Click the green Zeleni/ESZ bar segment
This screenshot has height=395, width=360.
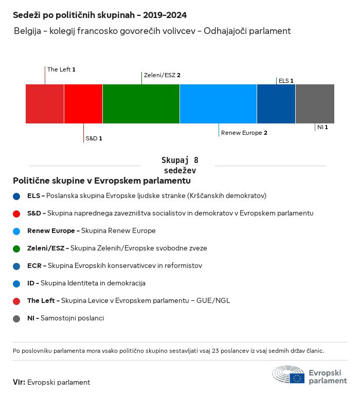coord(141,104)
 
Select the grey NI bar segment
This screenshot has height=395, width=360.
coord(315,104)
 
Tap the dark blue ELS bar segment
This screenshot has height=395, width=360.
coord(276,104)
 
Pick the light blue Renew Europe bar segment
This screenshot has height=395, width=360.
coord(218,104)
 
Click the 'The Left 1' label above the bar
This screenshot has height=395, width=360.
coord(61,69)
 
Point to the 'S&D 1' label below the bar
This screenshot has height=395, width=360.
coord(94,139)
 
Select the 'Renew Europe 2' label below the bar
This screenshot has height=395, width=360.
coord(244,133)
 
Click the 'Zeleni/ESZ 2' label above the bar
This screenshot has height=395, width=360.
coord(162,75)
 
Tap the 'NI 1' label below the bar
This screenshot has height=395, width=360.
coord(322,127)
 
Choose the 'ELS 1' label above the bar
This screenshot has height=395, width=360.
coord(286,81)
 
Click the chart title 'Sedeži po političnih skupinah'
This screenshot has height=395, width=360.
coord(100,15)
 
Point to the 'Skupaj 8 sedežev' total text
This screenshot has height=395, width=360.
coord(180,165)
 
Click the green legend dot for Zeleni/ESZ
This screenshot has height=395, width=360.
coord(17,248)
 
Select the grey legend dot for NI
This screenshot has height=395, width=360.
coord(17,318)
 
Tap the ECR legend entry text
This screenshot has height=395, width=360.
coord(114,266)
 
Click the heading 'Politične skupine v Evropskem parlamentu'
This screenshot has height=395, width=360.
coord(102,181)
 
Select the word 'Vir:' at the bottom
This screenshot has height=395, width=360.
coord(19,382)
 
